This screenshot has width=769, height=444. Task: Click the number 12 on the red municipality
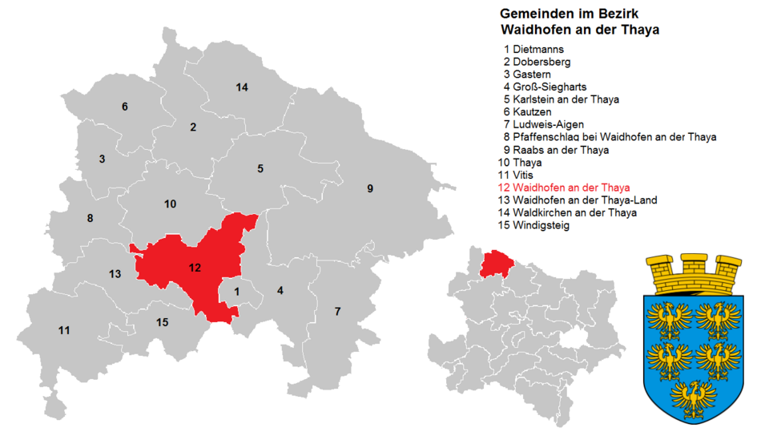pyautogui.click(x=195, y=268)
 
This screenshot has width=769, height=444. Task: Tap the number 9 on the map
pyautogui.click(x=370, y=189)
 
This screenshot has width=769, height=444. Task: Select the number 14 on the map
pyautogui.click(x=242, y=87)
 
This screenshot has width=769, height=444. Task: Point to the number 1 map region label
pyautogui.click(x=237, y=292)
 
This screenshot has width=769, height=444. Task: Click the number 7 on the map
pyautogui.click(x=337, y=311)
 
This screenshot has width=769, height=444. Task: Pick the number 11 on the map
pyautogui.click(x=64, y=330)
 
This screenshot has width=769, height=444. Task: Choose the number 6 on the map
pyautogui.click(x=124, y=107)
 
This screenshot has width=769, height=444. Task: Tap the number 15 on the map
pyautogui.click(x=163, y=322)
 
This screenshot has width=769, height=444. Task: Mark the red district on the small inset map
pyautogui.click(x=495, y=261)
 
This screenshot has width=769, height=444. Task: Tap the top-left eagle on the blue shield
pyautogui.click(x=670, y=318)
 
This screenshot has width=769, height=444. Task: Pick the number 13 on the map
pyautogui.click(x=115, y=274)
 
